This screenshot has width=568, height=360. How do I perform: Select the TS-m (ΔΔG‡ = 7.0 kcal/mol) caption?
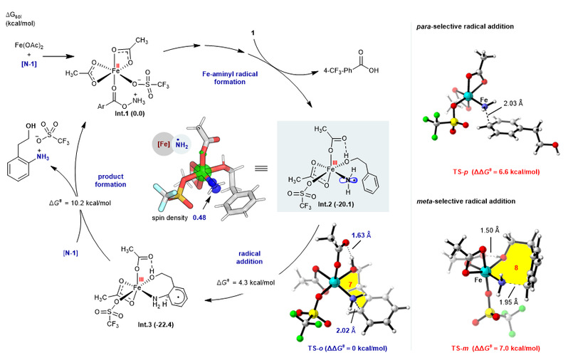[x=493, y=348]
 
